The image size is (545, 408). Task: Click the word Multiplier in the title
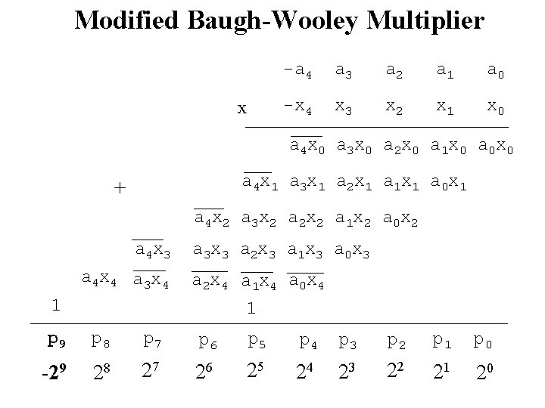coord(425,20)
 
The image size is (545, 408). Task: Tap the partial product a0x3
coord(352,251)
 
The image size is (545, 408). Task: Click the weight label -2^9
coord(54,372)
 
